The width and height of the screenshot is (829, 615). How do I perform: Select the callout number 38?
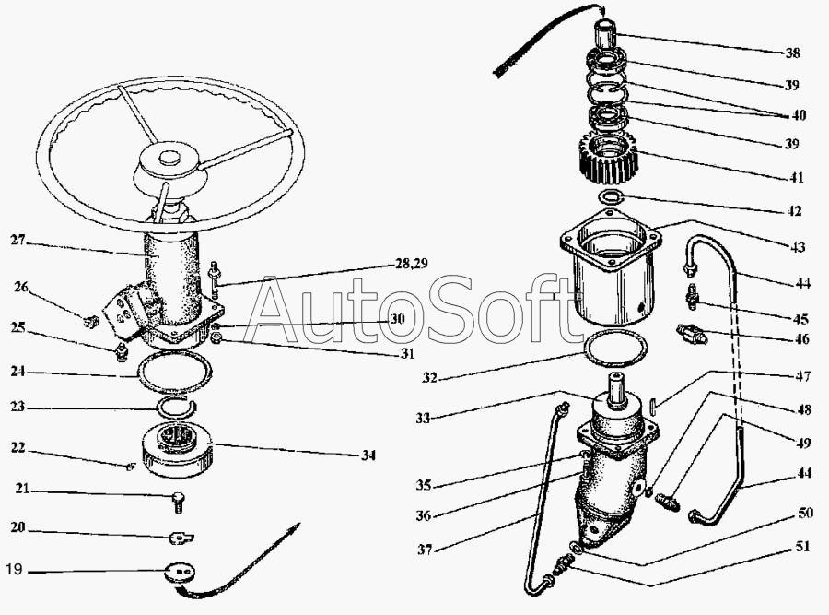tap(792, 53)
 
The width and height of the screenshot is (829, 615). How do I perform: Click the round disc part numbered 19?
tap(181, 574)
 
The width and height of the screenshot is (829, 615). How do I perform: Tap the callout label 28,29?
tap(412, 263)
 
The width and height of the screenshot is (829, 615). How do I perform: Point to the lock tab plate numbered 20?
tap(181, 538)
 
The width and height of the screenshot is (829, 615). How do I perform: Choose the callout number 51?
tap(802, 546)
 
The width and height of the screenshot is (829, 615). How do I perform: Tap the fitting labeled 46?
tap(690, 334)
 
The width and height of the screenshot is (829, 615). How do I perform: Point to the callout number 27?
tap(18, 240)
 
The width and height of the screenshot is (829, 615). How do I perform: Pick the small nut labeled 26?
tap(91, 321)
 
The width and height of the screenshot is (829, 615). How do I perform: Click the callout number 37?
tap(425, 550)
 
